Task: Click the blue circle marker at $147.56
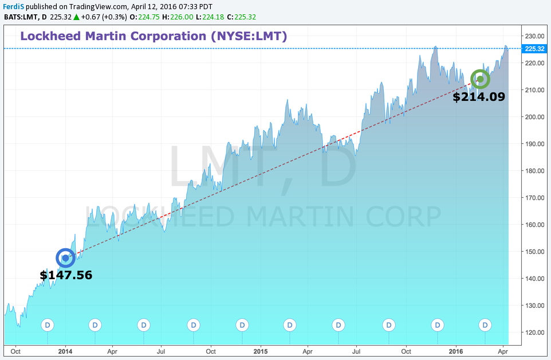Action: pos(65,258)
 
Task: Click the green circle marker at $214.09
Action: pos(480,79)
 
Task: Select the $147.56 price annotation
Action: pos(66,275)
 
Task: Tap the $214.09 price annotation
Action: pos(479,97)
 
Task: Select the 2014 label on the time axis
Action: pos(65,350)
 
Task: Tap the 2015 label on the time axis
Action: pos(261,350)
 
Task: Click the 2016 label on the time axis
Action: pos(456,350)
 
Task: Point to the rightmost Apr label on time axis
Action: pos(503,350)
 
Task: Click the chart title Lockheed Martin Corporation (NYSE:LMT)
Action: pos(154,36)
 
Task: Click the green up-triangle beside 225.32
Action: pos(76,16)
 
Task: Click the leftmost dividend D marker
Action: pos(48,325)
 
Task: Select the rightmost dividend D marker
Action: pos(486,325)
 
